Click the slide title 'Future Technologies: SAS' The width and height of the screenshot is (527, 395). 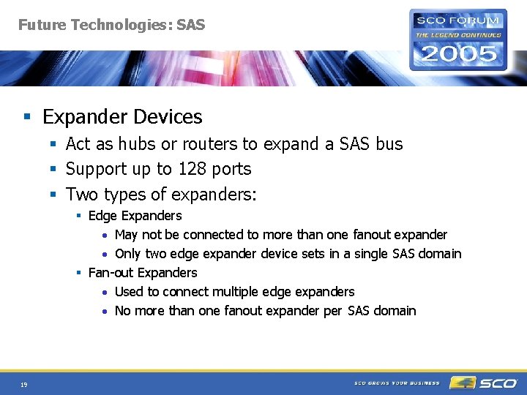click(111, 25)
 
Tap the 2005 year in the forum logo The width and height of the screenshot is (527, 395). click(458, 53)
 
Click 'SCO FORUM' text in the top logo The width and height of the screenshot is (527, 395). click(458, 20)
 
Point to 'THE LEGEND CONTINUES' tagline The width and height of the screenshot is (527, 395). click(458, 34)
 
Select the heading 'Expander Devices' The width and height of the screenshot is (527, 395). click(122, 117)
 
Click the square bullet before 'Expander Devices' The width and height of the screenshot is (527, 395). click(26, 117)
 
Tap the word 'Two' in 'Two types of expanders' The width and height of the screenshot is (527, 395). click(82, 194)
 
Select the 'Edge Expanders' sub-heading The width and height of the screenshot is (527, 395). click(135, 216)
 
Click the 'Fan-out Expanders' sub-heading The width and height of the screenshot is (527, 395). click(142, 273)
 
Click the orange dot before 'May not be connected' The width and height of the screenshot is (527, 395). click(105, 236)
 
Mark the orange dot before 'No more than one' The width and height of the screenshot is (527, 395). click(105, 312)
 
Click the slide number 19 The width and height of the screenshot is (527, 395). click(24, 383)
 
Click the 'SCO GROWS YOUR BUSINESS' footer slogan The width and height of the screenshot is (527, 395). click(397, 383)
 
